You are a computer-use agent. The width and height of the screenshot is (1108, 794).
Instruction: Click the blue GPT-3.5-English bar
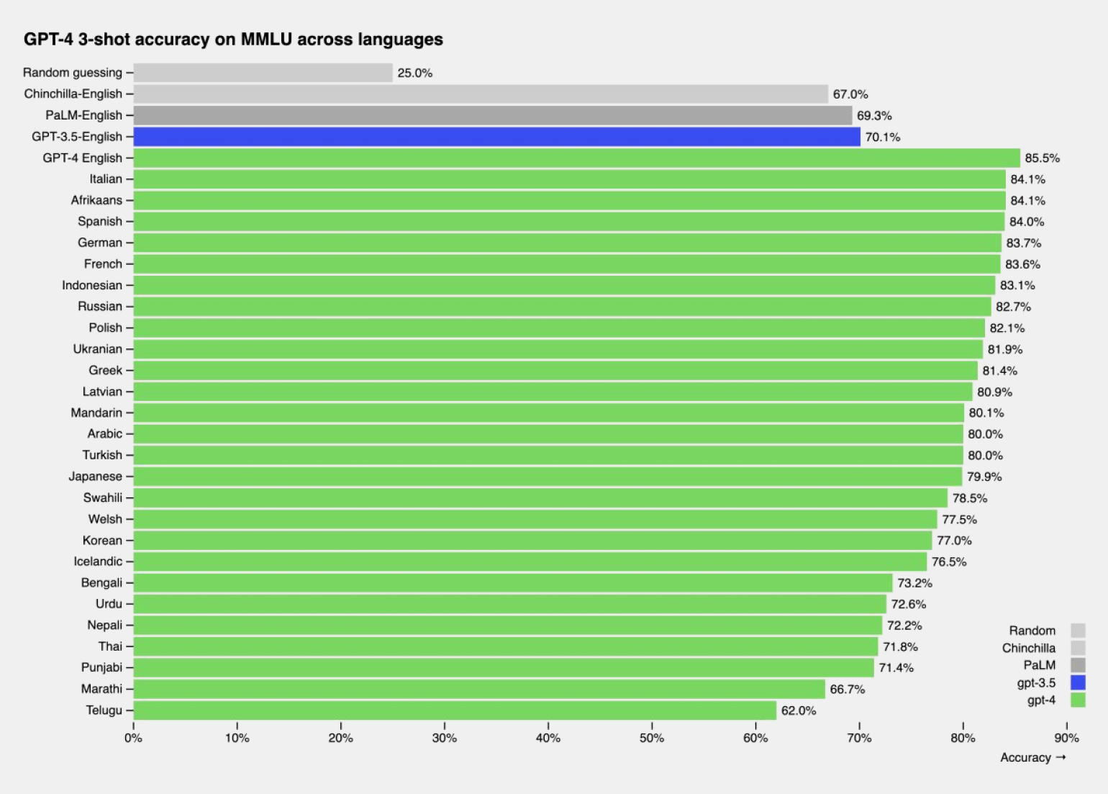tap(496, 137)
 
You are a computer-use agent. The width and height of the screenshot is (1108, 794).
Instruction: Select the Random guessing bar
tap(263, 73)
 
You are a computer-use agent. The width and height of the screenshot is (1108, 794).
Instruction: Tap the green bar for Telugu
tap(455, 710)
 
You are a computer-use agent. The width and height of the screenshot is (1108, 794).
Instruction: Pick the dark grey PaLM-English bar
tap(492, 115)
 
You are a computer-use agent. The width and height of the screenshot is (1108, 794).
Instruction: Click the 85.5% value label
tap(1042, 158)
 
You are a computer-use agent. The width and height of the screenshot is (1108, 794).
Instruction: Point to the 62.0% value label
tap(799, 711)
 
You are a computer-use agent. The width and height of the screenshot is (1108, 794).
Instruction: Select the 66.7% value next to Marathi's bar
tap(848, 690)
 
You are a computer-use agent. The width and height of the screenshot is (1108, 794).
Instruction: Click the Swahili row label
tap(103, 498)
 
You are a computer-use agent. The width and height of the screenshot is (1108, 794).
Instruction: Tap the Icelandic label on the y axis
tap(98, 561)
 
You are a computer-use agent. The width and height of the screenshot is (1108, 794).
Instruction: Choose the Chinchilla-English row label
tap(73, 94)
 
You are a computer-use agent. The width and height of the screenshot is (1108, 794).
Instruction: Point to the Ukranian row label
tap(98, 349)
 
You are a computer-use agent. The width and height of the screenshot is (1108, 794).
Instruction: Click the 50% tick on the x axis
tap(652, 738)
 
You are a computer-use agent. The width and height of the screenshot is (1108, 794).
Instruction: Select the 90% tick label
tap(1066, 738)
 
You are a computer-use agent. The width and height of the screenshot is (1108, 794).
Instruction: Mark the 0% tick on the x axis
tap(134, 738)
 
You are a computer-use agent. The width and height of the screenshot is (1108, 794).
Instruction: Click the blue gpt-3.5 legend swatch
tap(1078, 682)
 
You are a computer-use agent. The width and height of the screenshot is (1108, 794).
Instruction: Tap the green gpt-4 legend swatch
tap(1078, 700)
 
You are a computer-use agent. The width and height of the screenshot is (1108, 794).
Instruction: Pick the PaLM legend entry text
tap(1039, 665)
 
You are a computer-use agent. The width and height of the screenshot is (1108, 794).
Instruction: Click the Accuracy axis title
tap(1026, 758)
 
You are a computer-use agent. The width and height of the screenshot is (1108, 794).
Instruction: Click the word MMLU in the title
tap(266, 40)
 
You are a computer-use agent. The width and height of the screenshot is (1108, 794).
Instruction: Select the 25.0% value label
tap(415, 73)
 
